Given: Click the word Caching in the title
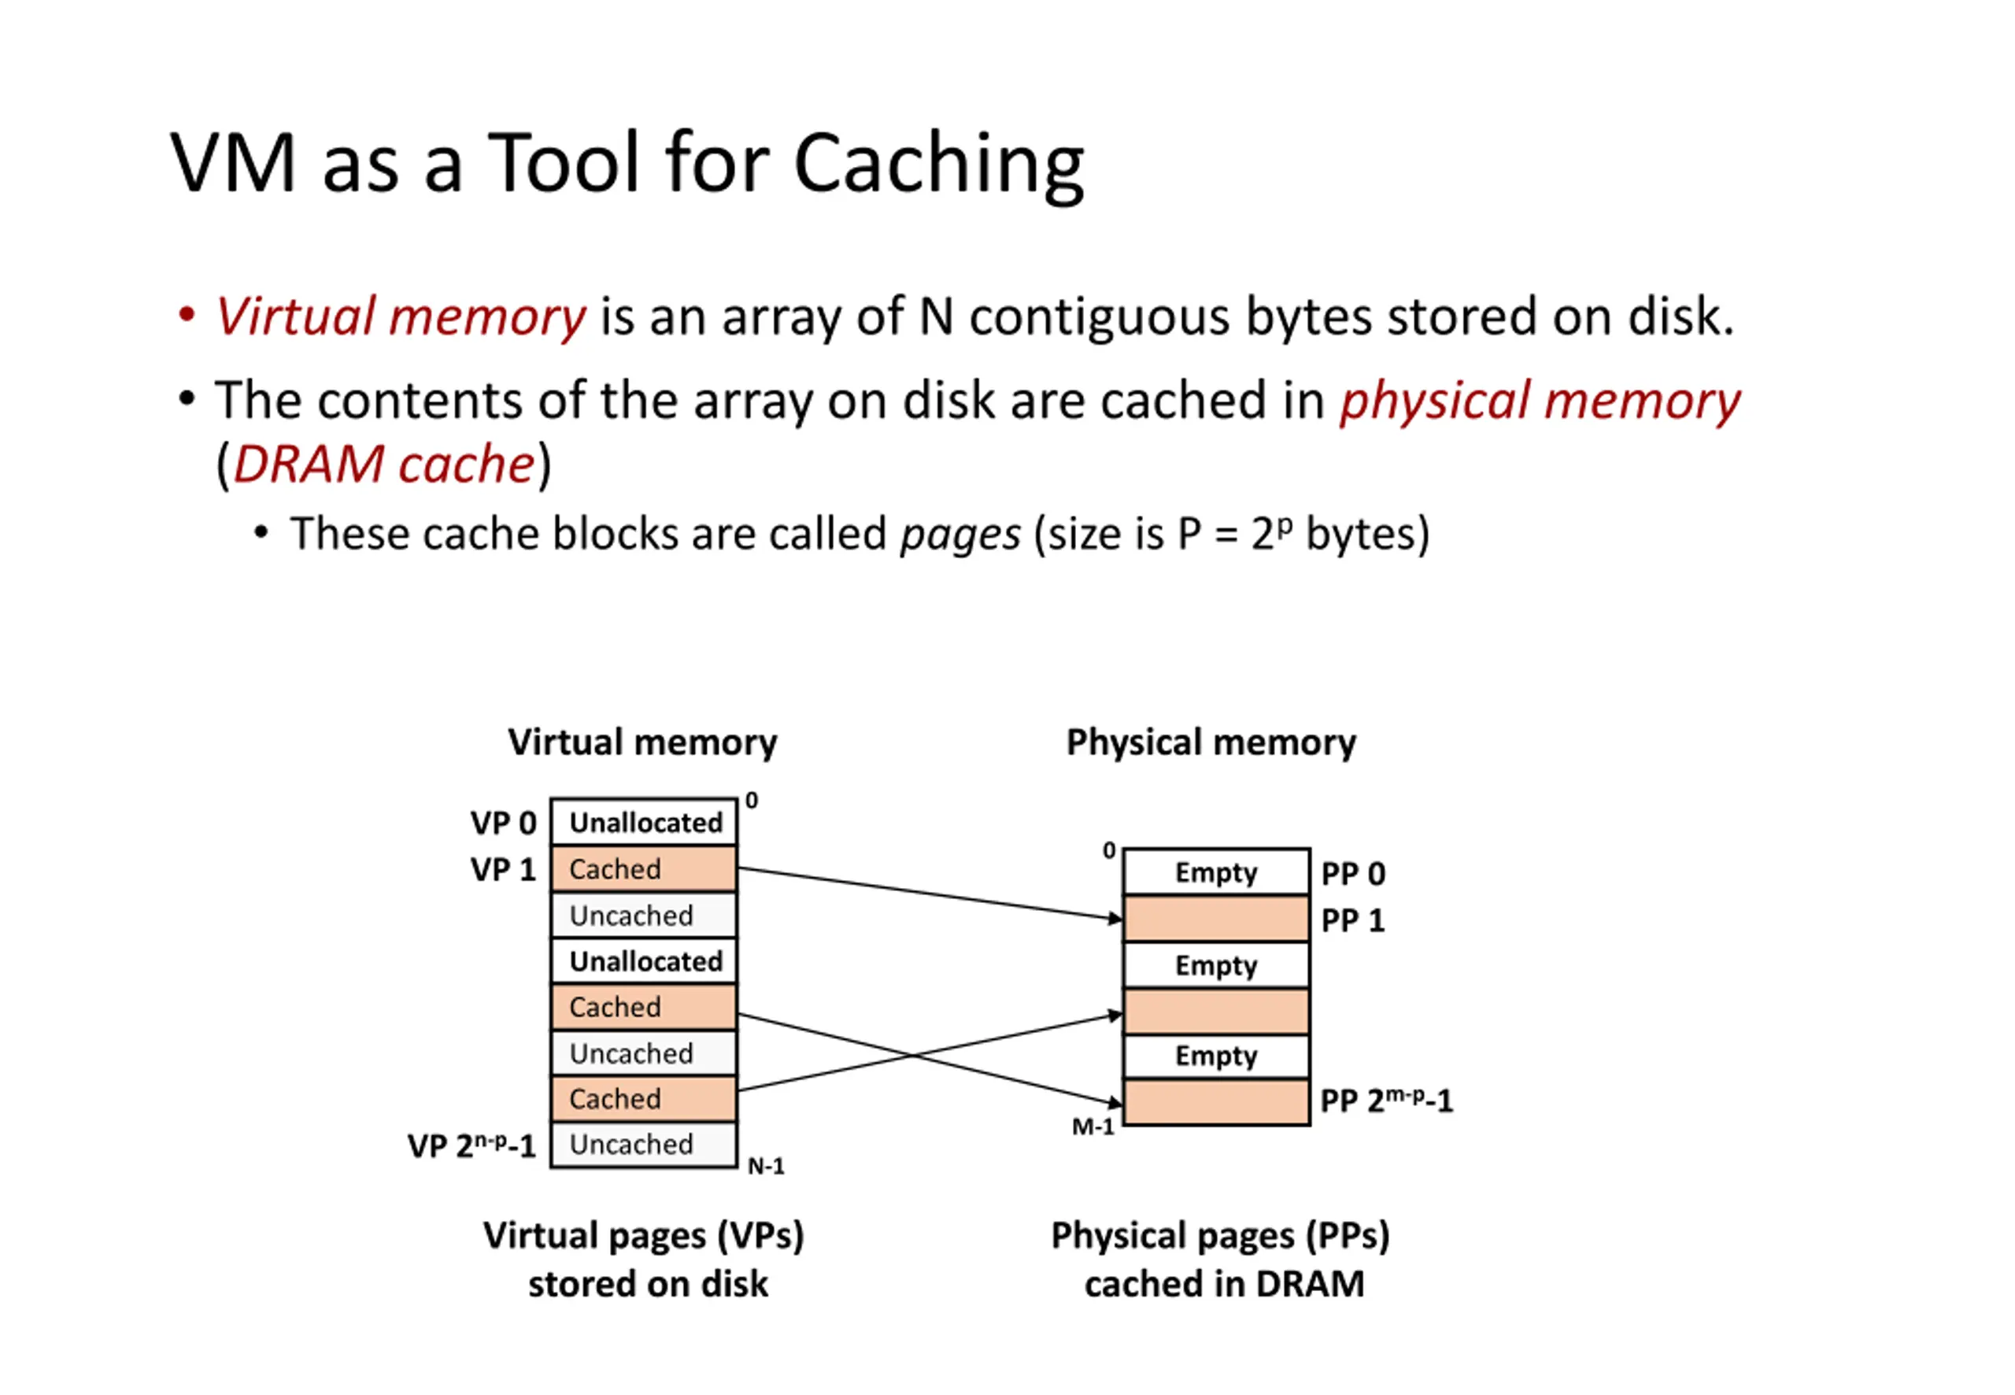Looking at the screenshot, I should pyautogui.click(x=938, y=165).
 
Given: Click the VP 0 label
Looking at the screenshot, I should pyautogui.click(x=502, y=823).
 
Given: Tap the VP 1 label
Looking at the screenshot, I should pyautogui.click(x=502, y=870).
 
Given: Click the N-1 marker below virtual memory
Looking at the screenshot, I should pyautogui.click(x=765, y=1166).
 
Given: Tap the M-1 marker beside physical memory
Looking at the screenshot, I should pyautogui.click(x=1093, y=1127).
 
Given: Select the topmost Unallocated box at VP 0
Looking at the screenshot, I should pyautogui.click(x=644, y=822).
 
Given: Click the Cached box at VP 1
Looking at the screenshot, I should pyautogui.click(x=644, y=869).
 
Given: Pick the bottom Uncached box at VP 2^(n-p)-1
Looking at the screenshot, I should pyautogui.click(x=644, y=1144).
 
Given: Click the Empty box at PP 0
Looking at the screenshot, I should pyautogui.click(x=1215, y=871).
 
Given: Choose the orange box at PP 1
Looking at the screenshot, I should pyautogui.click(x=1215, y=919).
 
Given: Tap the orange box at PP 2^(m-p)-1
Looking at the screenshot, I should pyautogui.click(x=1215, y=1102).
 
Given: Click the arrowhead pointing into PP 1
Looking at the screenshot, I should pyautogui.click(x=1115, y=918).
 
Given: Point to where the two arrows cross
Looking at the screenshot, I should pyautogui.click(x=914, y=1055).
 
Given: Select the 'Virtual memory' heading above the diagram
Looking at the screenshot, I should pyautogui.click(x=642, y=742).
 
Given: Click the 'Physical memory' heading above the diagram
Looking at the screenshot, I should pyautogui.click(x=1211, y=742).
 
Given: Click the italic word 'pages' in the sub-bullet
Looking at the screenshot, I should pyautogui.click(x=960, y=533).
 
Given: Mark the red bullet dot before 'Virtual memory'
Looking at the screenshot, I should pyautogui.click(x=186, y=315).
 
